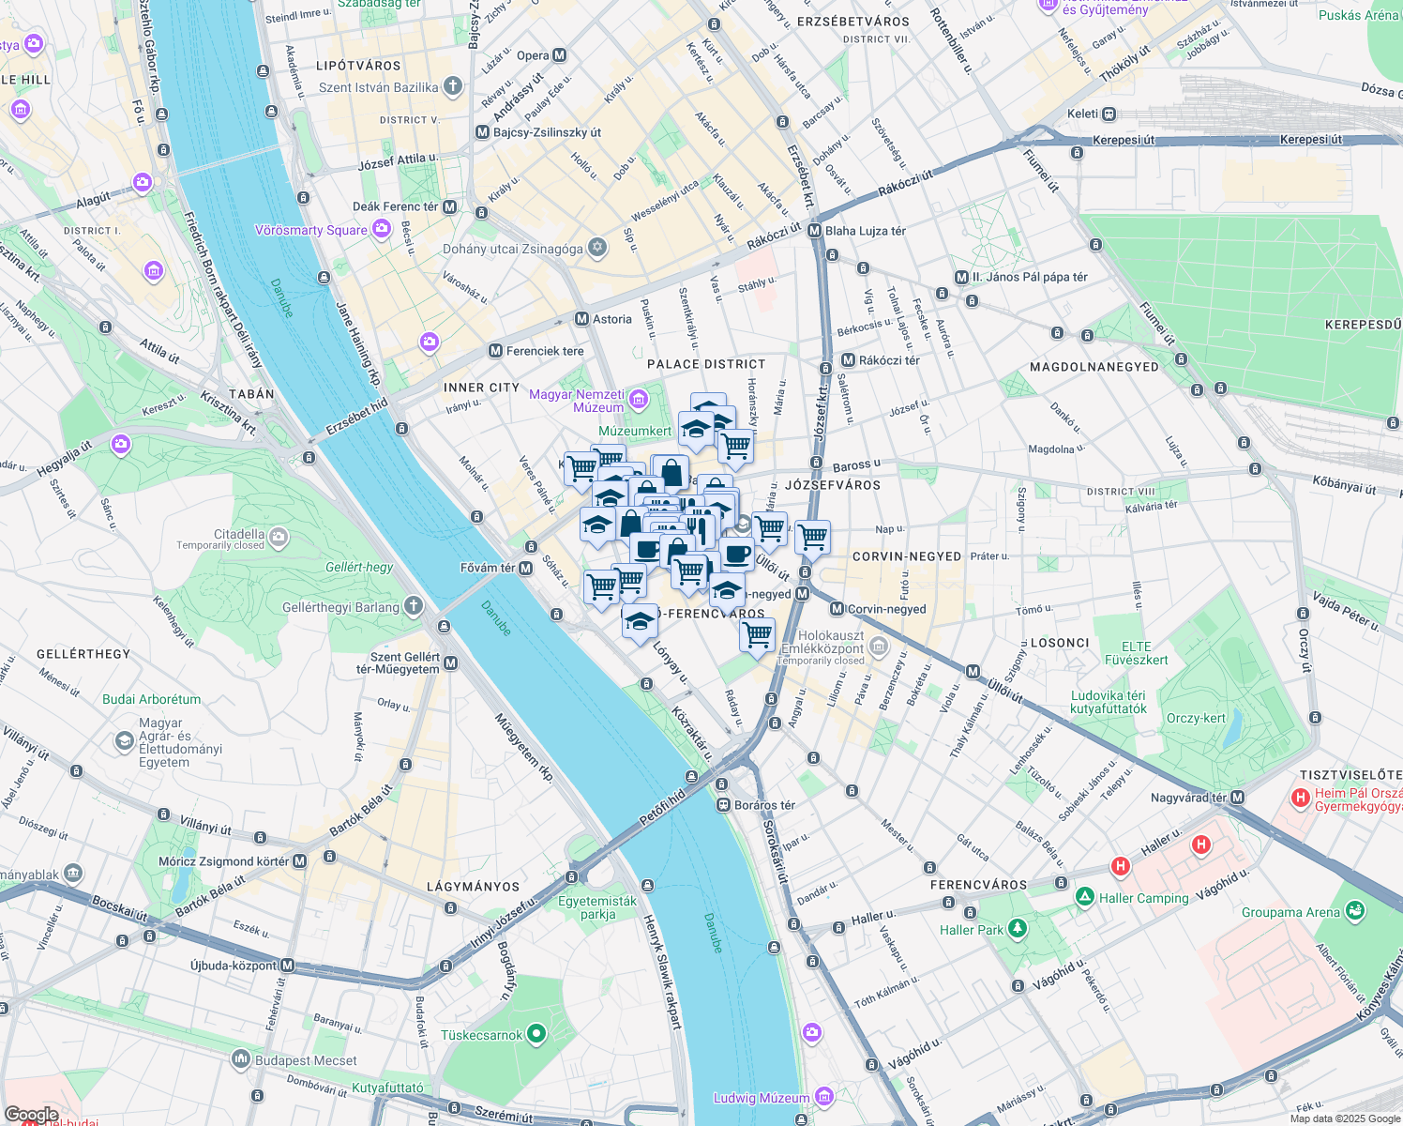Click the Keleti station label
pos(1082,114)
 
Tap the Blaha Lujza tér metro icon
pos(814,231)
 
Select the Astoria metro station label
pos(611,319)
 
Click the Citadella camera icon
pos(278,537)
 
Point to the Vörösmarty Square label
pos(311,230)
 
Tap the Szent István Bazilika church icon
pos(453,87)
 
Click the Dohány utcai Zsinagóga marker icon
pos(597,248)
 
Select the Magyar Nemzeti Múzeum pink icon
pos(639,401)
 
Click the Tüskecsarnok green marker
pos(536,1034)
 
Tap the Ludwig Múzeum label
pos(761,1098)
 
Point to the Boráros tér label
pos(764,805)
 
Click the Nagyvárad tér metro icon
pos(1238,798)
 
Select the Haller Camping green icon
pos(1085,897)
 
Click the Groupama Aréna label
pos(1290,912)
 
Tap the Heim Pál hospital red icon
pos(1300,798)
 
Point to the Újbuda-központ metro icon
pos(288,965)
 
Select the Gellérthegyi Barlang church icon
pos(414,606)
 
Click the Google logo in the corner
pos(31,1115)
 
